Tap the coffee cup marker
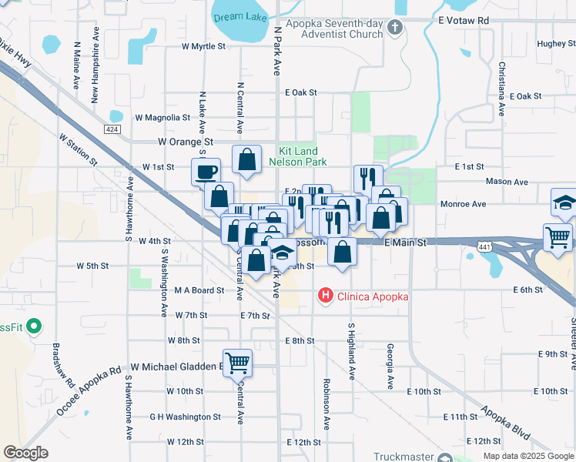pyautogui.click(x=206, y=172)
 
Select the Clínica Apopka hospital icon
pyautogui.click(x=326, y=295)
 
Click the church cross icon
pyautogui.click(x=395, y=28)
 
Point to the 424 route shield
pyautogui.click(x=113, y=129)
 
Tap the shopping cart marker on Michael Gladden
pyautogui.click(x=237, y=362)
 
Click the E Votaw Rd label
pyautogui.click(x=463, y=21)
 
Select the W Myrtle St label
pyautogui.click(x=203, y=46)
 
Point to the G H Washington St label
pyautogui.click(x=185, y=417)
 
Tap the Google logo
pyautogui.click(x=25, y=453)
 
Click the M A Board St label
pyautogui.click(x=199, y=290)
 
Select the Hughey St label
pyautogui.click(x=551, y=44)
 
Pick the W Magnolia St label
pyautogui.click(x=162, y=118)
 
